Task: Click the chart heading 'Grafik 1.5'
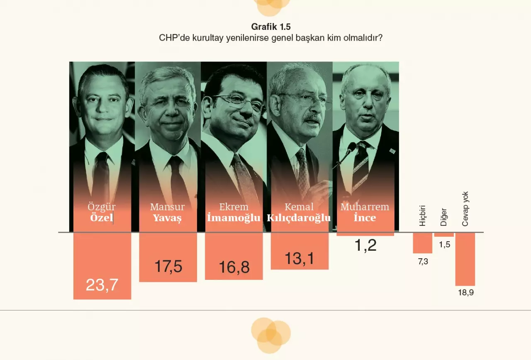point(271,28)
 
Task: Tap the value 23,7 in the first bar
point(102,285)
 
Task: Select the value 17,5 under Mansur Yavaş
point(168,267)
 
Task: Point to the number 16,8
point(234,267)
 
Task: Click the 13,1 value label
point(300,258)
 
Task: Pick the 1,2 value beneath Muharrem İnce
point(365,245)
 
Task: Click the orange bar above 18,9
point(465,259)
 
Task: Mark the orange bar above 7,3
point(422,242)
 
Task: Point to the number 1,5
point(444,245)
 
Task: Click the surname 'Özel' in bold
point(102,218)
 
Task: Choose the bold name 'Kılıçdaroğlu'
point(299,218)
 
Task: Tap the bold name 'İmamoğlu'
point(234,218)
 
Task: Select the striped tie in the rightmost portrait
point(360,166)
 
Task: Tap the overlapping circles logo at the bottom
point(270,335)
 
